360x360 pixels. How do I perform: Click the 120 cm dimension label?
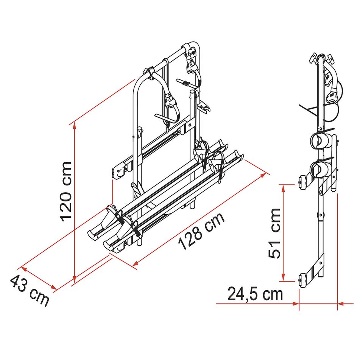[66, 192]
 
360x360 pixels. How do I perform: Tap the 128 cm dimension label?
[201, 231]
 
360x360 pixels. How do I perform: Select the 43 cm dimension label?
[30, 290]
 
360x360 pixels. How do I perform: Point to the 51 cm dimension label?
[274, 233]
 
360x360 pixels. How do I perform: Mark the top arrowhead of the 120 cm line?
[75, 126]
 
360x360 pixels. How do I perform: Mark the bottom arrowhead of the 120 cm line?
[75, 279]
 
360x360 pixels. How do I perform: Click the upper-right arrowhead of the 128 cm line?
[263, 175]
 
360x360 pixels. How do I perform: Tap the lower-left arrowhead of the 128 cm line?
[136, 263]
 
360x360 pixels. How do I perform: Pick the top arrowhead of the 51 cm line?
[283, 189]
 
